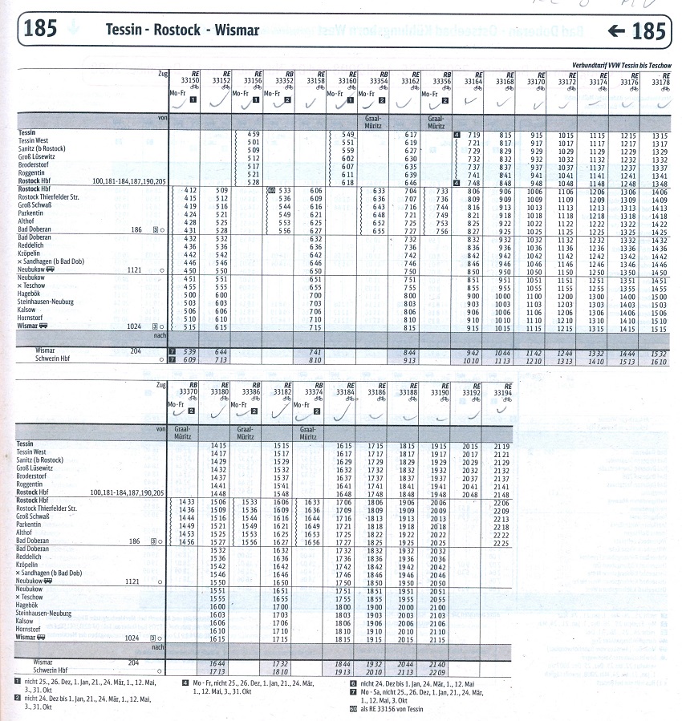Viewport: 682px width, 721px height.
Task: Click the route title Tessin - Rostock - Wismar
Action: [x=182, y=30]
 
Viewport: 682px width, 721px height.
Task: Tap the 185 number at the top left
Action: [x=40, y=30]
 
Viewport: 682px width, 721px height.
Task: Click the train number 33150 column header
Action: [x=189, y=81]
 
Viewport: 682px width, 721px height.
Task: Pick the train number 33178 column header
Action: [x=660, y=81]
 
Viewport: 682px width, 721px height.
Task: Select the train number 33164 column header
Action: [x=473, y=81]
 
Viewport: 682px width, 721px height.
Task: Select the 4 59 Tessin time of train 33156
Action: [x=253, y=133]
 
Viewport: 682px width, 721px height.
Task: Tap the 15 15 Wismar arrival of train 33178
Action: [x=660, y=328]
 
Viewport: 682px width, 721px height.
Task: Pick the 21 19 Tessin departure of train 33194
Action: [x=502, y=445]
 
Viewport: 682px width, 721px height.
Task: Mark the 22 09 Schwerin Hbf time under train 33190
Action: [x=471, y=670]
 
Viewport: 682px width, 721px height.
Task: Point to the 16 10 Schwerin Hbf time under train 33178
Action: [x=660, y=362]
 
